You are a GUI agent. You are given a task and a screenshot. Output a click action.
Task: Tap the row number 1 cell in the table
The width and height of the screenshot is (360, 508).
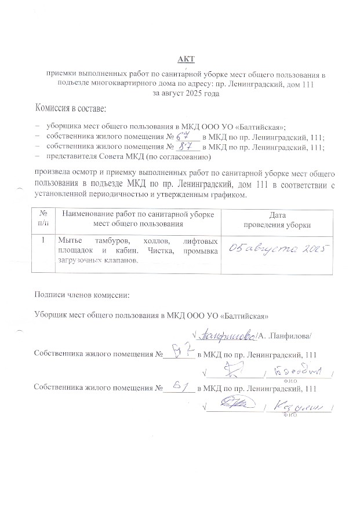point(43,239)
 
